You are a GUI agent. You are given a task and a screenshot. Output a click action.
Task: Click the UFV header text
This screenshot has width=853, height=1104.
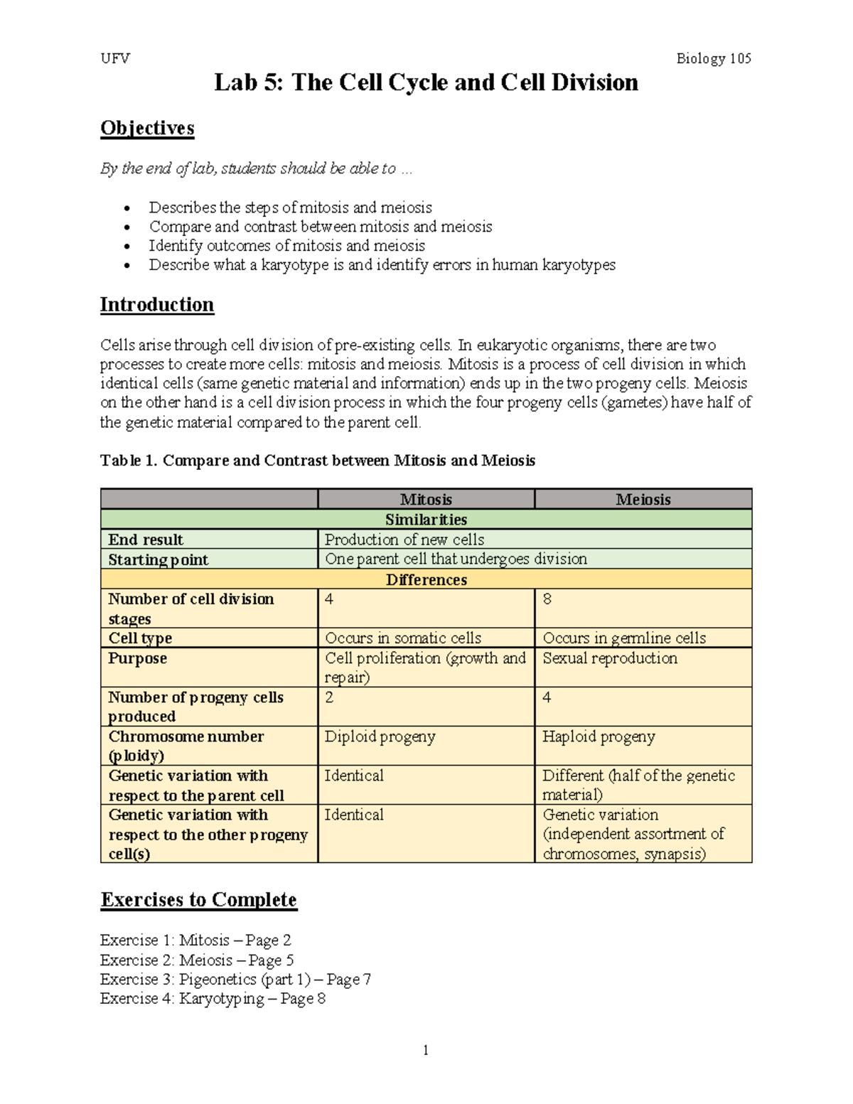pos(115,58)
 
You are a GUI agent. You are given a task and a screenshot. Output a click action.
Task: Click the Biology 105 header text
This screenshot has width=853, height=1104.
pos(713,58)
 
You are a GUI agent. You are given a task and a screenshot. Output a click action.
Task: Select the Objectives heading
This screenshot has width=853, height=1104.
pos(147,128)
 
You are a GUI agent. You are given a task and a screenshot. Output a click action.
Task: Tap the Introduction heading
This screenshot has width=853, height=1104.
pos(156,305)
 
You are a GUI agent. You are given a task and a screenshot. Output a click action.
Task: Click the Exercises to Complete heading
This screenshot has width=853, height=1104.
pos(198,900)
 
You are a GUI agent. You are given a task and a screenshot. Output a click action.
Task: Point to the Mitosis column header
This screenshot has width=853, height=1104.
pos(426,500)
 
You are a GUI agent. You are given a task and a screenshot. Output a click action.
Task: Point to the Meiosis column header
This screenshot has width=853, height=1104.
pos(643,500)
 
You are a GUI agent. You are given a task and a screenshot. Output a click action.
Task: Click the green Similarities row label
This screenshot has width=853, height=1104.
pos(426,520)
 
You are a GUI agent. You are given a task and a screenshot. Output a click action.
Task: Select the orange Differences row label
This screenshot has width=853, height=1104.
pos(426,579)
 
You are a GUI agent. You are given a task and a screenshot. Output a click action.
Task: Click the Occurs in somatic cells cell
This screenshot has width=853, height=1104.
pos(403,638)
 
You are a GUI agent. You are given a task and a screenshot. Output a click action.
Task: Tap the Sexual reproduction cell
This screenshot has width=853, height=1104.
pos(610,658)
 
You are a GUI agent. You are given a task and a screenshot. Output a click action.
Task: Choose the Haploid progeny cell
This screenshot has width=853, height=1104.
pos(599,736)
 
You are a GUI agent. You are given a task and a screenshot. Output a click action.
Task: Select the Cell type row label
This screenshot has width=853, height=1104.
pos(140,638)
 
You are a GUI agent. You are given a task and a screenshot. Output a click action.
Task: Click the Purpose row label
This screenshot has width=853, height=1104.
pos(137,658)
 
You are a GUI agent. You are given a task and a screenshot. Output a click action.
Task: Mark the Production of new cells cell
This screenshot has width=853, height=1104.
pos(404,540)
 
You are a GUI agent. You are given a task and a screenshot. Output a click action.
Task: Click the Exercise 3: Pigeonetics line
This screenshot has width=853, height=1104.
pos(235,980)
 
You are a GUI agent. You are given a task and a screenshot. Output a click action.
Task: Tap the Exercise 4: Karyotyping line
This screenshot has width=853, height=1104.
pos(213,999)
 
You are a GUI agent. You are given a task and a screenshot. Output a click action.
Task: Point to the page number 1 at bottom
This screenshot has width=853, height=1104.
pos(426,1051)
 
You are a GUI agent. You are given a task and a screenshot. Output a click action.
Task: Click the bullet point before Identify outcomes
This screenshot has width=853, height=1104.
pos(127,247)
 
